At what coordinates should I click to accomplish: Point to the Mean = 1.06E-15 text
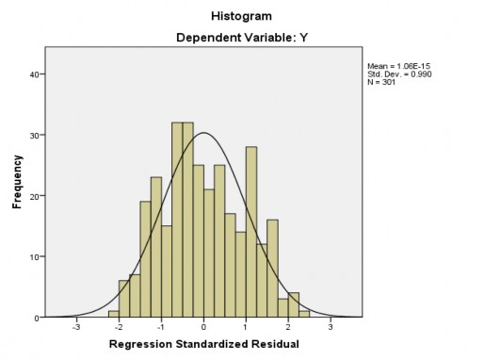click(398, 65)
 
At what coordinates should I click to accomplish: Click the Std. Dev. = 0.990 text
click(398, 74)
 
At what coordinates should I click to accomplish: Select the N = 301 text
click(382, 82)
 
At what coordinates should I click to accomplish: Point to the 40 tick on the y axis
click(34, 74)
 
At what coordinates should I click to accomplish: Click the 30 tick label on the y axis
click(34, 136)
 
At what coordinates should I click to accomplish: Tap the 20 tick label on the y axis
click(34, 196)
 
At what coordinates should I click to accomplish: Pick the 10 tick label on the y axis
click(34, 257)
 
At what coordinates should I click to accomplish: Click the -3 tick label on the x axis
click(75, 328)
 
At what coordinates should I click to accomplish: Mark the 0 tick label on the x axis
click(203, 328)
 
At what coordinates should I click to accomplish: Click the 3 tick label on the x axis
click(331, 328)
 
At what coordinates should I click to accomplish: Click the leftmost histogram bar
click(114, 315)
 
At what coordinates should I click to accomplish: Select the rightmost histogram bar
click(304, 315)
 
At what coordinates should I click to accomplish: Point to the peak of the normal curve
click(203, 133)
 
